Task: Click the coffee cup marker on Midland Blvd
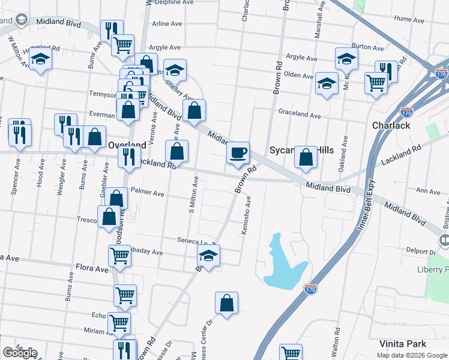click(238, 152)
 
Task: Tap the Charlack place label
click(391, 125)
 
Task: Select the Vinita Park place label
click(403, 344)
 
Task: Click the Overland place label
click(127, 145)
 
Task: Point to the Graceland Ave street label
click(299, 113)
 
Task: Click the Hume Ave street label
click(410, 19)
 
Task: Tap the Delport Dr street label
click(419, 252)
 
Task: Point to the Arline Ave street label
click(167, 24)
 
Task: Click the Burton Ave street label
click(367, 46)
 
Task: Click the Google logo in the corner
click(20, 353)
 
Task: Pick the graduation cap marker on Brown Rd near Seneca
click(208, 256)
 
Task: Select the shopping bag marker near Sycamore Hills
click(306, 157)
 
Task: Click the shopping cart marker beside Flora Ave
click(119, 255)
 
